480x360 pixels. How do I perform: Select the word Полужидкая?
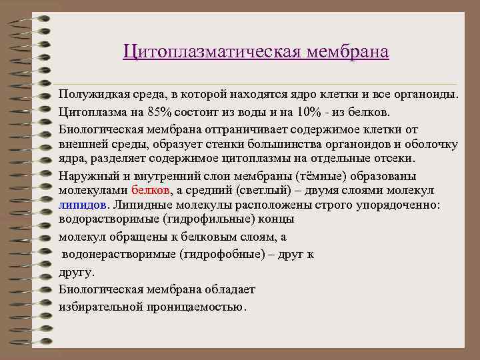[x=89, y=95]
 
